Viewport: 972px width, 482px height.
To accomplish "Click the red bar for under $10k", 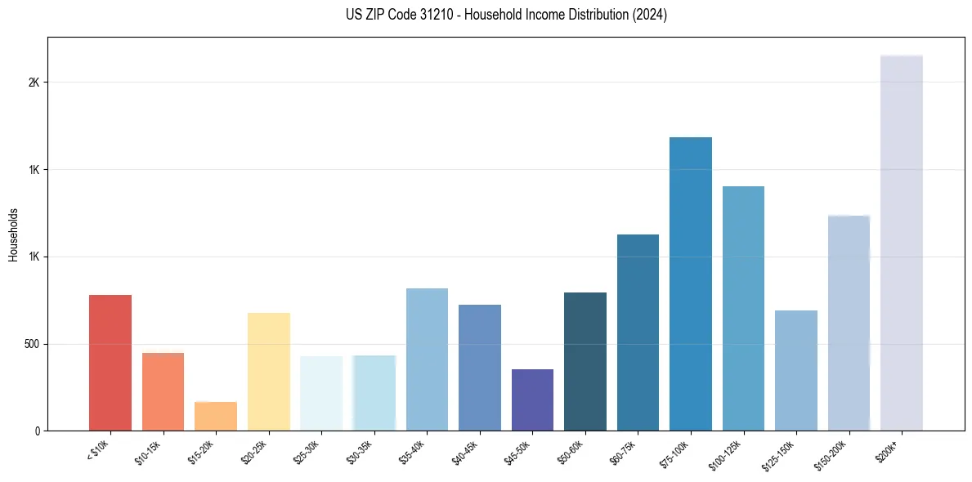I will (x=110, y=363).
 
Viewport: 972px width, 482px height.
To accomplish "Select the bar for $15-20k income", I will (x=215, y=416).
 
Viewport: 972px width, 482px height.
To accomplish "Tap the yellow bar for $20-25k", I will (x=268, y=372).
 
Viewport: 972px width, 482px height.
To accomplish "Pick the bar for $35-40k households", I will (x=427, y=359).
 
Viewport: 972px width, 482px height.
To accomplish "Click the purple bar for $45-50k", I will (x=532, y=399).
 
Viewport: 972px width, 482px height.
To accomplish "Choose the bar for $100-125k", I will (x=743, y=308).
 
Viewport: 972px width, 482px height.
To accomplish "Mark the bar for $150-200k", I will (x=849, y=323).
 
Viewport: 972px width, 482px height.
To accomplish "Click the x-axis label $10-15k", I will (x=147, y=452).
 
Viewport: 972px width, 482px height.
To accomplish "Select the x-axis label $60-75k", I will (x=622, y=452).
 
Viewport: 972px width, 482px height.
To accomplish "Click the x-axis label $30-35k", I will (x=359, y=452).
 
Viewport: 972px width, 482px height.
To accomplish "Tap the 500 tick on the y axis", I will (x=32, y=344).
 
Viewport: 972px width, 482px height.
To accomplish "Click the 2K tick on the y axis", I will (x=35, y=83).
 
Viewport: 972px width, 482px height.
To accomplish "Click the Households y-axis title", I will (x=13, y=234).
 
